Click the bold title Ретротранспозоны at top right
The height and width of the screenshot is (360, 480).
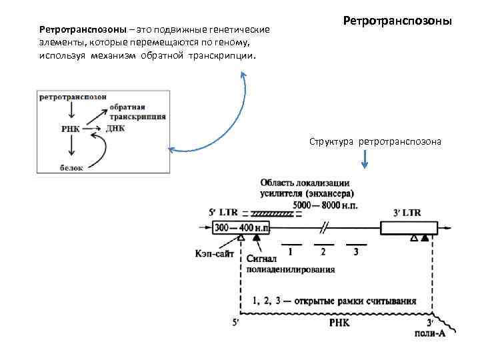397,22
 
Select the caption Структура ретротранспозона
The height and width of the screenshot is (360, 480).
374,142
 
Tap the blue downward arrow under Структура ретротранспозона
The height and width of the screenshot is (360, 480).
365,160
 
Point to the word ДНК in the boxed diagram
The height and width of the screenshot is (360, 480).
115,129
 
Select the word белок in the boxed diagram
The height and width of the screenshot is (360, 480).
71,168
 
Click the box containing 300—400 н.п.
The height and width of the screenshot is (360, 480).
242,228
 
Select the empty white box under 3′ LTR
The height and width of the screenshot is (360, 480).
408,228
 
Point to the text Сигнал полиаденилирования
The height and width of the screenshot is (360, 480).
290,265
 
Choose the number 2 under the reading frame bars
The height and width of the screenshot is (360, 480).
323,251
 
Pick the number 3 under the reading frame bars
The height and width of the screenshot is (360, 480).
356,251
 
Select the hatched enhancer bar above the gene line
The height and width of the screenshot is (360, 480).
270,213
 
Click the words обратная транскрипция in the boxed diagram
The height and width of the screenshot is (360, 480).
138,111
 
